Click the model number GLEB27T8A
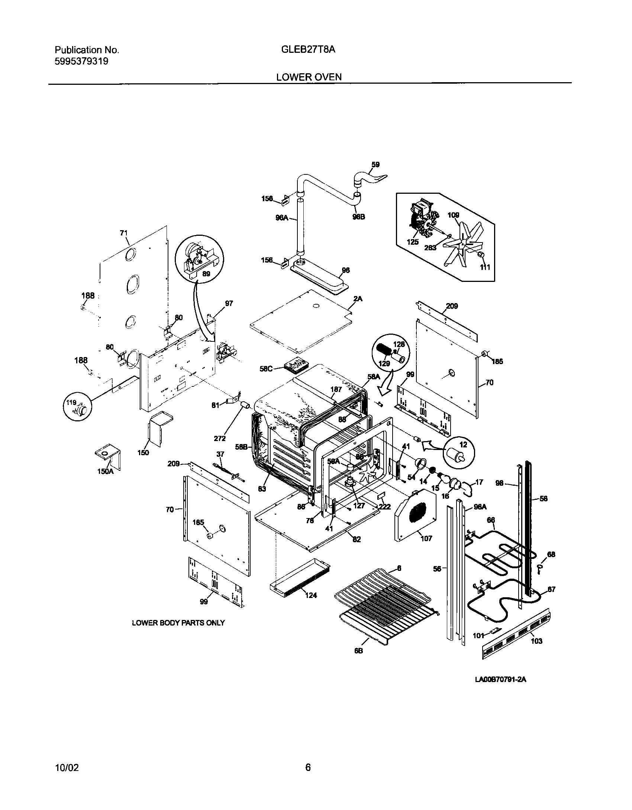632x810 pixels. pos(306,49)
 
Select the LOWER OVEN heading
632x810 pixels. pos(309,77)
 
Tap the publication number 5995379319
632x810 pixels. pos(81,61)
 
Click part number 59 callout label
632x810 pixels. pos(375,164)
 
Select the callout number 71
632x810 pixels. pos(123,233)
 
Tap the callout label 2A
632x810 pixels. pos(358,299)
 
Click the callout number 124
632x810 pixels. pos(311,595)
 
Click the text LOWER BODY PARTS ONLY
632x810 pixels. pos(178,623)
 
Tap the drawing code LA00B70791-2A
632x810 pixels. pos(501,679)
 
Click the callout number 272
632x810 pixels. pos(220,438)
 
